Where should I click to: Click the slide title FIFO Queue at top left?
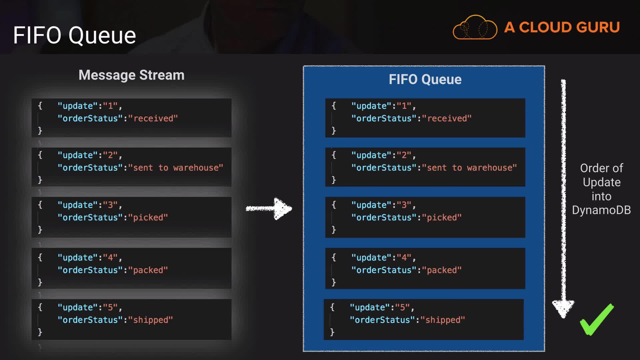click(x=74, y=35)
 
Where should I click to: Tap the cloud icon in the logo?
click(x=475, y=28)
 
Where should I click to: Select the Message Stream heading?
click(x=131, y=75)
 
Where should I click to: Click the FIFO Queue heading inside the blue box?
click(x=425, y=79)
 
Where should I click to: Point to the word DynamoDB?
click(x=601, y=210)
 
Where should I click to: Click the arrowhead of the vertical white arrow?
click(x=563, y=308)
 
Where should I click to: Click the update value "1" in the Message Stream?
click(x=110, y=106)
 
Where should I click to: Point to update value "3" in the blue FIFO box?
click(x=404, y=205)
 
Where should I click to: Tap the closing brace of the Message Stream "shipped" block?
click(x=40, y=332)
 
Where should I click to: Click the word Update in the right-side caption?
click(x=601, y=182)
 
